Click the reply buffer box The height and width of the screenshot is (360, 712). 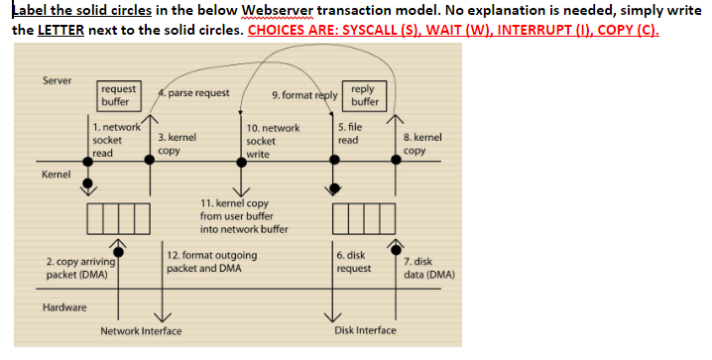364,95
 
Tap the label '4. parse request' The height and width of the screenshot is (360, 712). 194,93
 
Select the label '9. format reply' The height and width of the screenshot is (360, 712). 303,96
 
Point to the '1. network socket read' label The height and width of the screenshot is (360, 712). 111,141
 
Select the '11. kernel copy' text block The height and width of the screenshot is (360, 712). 242,215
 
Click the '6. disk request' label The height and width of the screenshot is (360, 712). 354,262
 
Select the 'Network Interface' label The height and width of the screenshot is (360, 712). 140,330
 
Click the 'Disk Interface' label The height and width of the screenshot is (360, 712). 365,330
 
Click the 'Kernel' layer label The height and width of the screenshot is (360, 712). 56,175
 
